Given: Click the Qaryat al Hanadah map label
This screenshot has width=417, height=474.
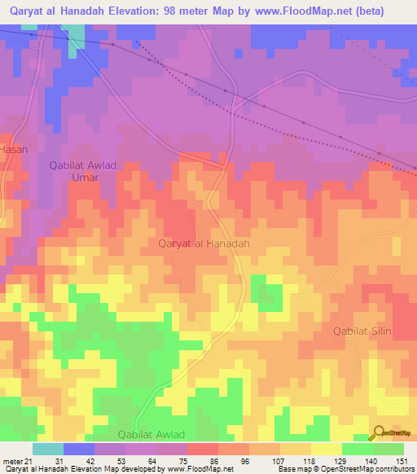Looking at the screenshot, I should [x=203, y=243].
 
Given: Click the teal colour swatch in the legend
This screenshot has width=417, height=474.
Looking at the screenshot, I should [x=48, y=449].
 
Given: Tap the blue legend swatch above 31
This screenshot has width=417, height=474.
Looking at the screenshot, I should [x=79, y=449].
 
